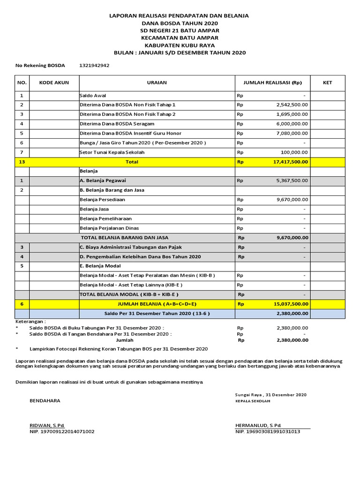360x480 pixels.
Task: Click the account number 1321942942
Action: click(x=95, y=66)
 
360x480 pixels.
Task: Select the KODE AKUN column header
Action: click(x=54, y=83)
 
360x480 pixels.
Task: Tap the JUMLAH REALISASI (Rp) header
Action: click(x=272, y=83)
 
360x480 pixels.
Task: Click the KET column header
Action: click(x=327, y=83)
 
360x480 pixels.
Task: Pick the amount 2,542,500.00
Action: click(x=292, y=105)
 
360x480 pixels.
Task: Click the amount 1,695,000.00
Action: click(x=292, y=114)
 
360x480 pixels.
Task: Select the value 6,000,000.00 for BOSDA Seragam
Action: click(x=292, y=124)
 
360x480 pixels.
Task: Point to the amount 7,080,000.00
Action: click(x=292, y=133)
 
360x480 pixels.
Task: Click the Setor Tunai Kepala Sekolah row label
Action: click(x=112, y=152)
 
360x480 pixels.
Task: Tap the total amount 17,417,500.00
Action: click(x=290, y=162)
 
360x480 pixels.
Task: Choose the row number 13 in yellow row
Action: click(x=22, y=162)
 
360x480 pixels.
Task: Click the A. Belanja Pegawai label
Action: click(x=103, y=180)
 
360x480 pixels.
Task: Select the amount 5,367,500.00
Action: click(x=292, y=180)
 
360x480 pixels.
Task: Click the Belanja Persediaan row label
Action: click(x=103, y=200)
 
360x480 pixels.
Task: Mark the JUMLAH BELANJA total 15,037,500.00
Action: click(x=290, y=304)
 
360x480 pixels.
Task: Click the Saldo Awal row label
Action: click(x=93, y=95)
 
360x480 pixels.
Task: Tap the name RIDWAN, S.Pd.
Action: click(x=47, y=425)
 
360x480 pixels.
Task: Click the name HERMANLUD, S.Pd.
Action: click(x=258, y=425)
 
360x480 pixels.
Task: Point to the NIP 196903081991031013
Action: click(x=268, y=432)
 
